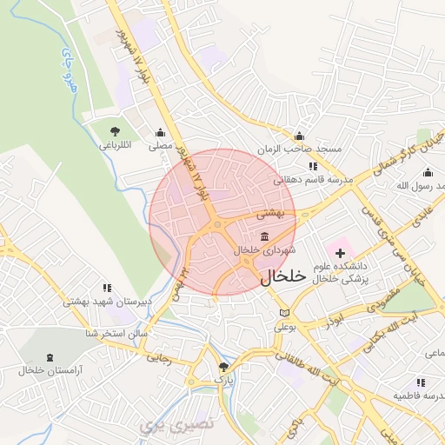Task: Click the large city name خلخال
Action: pos(283,276)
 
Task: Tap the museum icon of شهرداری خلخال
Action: pos(264,237)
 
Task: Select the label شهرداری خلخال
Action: pos(260,250)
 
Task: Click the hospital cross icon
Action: pos(340,251)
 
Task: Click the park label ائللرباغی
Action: pos(114,146)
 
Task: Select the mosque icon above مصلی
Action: pos(160,133)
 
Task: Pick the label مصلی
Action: pos(160,146)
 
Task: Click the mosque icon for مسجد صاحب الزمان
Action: pos(300,136)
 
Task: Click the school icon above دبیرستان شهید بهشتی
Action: pos(107,288)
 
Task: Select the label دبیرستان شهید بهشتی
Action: pos(96,302)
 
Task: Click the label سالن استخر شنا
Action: pos(116,333)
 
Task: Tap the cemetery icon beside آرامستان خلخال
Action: pos(49,356)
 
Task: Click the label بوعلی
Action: pos(286,327)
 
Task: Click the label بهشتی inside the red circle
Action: pos(269,212)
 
